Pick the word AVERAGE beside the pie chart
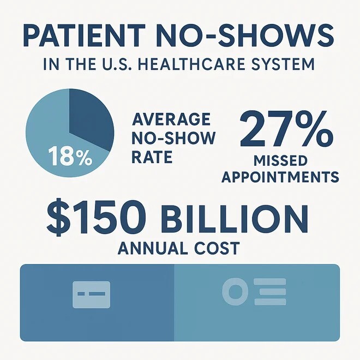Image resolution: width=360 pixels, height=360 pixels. point(171,119)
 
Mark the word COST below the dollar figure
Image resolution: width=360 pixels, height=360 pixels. point(215,248)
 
